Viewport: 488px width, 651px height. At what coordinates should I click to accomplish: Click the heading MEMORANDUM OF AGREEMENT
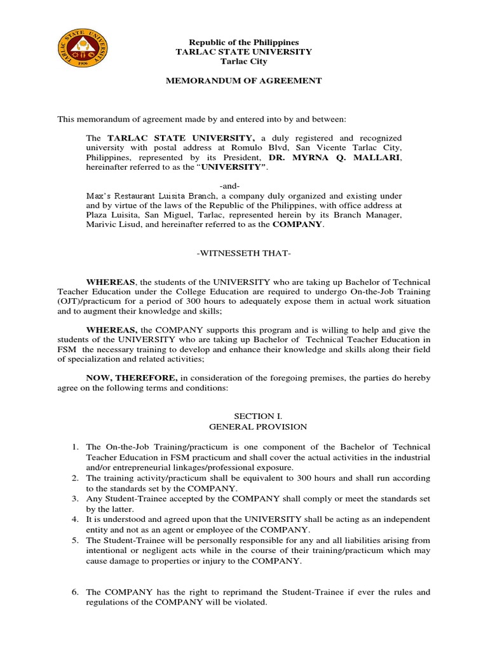(x=244, y=81)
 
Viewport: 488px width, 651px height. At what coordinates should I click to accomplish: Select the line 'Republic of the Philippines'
(x=244, y=42)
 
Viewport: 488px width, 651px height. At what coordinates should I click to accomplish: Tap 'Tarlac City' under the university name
(x=244, y=61)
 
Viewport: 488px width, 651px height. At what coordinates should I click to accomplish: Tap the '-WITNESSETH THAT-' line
(x=244, y=254)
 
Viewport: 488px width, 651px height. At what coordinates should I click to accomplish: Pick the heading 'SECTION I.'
(x=244, y=416)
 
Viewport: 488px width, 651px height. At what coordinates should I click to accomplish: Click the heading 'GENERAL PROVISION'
(x=244, y=427)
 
